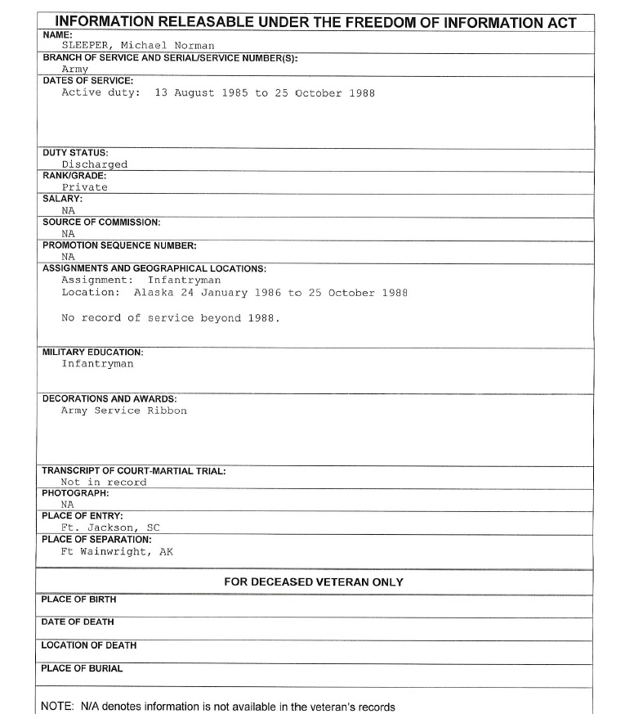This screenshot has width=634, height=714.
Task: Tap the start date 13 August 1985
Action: pos(201,93)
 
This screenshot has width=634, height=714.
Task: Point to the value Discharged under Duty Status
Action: pos(95,164)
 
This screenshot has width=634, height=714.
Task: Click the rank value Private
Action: pos(84,187)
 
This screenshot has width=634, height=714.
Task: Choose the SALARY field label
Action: pos(62,199)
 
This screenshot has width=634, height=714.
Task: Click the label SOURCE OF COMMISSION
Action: pos(101,222)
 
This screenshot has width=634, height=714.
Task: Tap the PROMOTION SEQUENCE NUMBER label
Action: pos(119,245)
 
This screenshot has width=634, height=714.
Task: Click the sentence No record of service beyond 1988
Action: pos(171,318)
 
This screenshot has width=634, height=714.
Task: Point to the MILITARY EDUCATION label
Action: pos(92,353)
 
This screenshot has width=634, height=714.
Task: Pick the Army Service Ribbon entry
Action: pos(124,411)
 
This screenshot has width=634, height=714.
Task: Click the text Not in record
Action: pos(104,483)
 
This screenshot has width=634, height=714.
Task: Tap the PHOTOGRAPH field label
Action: pos(74,494)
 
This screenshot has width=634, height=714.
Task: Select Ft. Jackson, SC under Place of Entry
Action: pos(110,528)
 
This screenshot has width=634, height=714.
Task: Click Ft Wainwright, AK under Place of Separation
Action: pos(117,551)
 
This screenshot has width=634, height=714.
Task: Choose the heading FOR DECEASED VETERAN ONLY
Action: pos(314,582)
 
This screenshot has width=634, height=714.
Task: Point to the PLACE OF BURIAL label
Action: pos(82,668)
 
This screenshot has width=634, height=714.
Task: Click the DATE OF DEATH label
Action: pos(78,622)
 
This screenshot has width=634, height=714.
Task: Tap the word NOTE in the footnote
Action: pos(56,707)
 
